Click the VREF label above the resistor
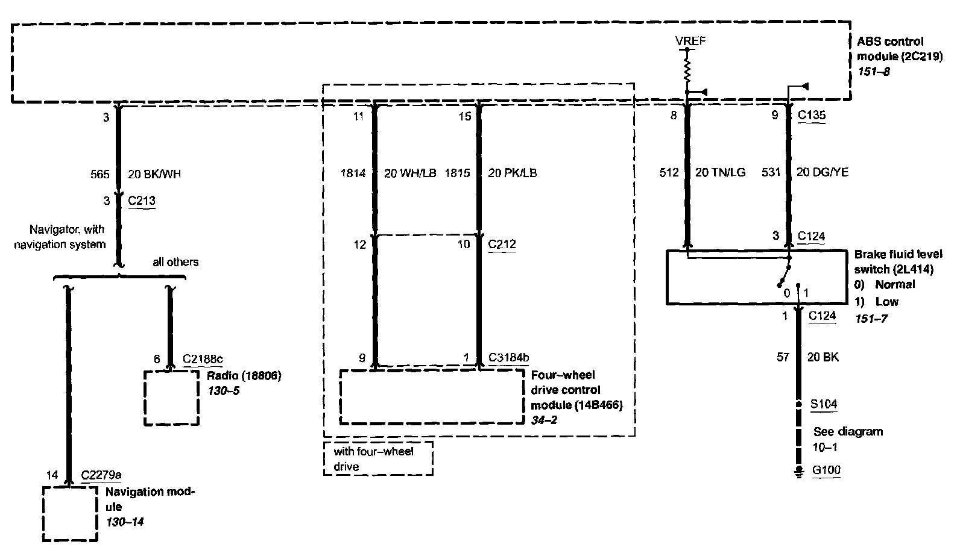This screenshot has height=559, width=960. [690, 41]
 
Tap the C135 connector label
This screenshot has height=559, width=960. [812, 115]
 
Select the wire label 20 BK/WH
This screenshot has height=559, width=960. [154, 174]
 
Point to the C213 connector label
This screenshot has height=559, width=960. [142, 201]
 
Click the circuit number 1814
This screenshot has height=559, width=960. [353, 173]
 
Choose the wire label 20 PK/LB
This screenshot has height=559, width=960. [512, 173]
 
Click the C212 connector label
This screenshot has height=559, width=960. [502, 244]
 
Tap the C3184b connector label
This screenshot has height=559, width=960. [508, 358]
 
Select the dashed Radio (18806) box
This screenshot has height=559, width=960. [171, 398]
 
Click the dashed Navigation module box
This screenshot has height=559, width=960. [70, 514]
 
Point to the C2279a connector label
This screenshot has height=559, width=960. [101, 475]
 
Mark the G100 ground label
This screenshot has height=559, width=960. [826, 470]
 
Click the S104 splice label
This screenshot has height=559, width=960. [823, 404]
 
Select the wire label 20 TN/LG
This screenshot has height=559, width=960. [720, 173]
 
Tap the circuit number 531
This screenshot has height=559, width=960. [771, 173]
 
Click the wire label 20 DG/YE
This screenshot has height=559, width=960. [823, 173]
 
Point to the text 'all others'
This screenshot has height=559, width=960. [175, 262]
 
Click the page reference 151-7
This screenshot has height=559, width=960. [871, 318]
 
